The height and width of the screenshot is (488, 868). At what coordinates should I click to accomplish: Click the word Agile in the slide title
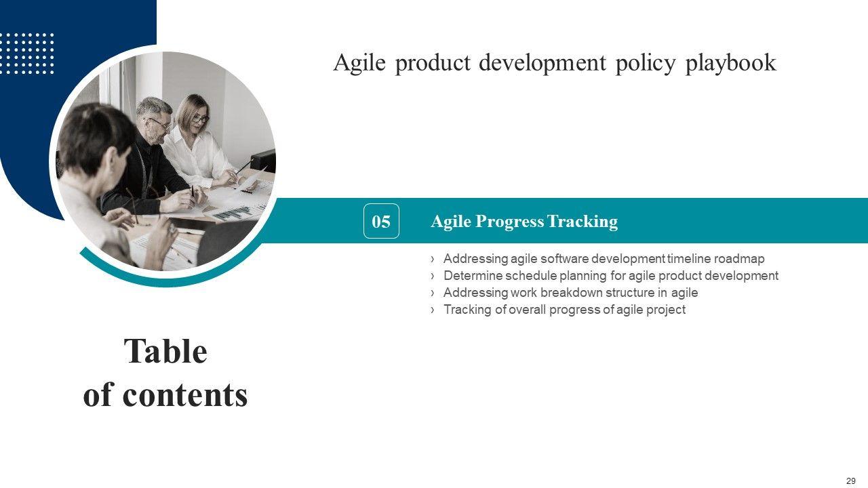click(359, 62)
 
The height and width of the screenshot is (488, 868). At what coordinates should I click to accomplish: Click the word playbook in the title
click(731, 63)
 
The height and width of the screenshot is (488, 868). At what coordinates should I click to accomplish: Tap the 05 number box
click(381, 221)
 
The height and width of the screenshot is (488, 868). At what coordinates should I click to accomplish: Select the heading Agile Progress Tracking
click(524, 222)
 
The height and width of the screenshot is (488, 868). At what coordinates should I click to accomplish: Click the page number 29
click(851, 481)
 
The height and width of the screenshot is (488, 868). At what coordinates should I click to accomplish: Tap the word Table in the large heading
click(166, 351)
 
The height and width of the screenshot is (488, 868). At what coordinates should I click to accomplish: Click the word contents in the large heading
click(185, 395)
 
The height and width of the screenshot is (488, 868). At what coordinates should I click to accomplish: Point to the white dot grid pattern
click(27, 54)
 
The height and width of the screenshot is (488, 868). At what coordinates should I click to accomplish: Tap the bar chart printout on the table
click(233, 213)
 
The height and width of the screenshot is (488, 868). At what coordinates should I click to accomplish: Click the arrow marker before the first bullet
click(433, 259)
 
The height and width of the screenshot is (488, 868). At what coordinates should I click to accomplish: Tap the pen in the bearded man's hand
click(193, 194)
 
